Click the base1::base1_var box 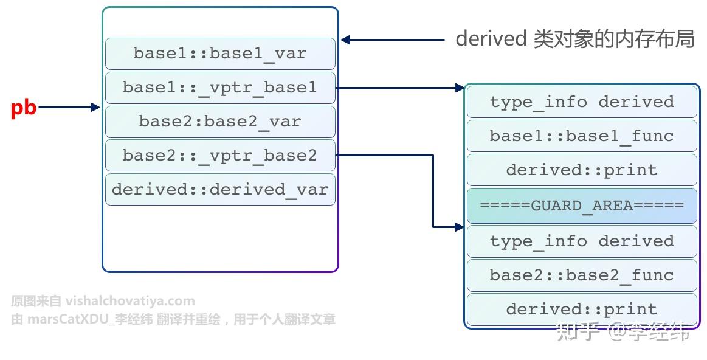(220, 54)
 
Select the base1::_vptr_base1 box (220, 88)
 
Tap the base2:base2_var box (220, 122)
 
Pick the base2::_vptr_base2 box (220, 156)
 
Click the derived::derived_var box (220, 190)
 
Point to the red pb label (24, 108)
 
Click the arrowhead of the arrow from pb (95, 108)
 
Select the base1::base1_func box (582, 136)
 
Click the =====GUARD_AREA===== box (582, 206)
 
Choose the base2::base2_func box (582, 275)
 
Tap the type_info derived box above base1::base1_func (582, 102)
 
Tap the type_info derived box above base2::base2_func (582, 241)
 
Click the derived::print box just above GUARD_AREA (582, 170)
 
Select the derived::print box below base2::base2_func (582, 310)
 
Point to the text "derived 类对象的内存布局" (574, 39)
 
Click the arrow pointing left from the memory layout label (392, 40)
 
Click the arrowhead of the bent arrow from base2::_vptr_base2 (460, 227)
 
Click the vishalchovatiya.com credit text (103, 301)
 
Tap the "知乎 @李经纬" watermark (623, 332)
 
